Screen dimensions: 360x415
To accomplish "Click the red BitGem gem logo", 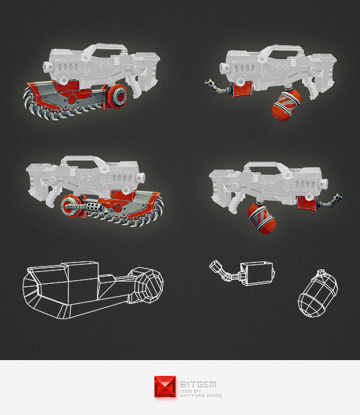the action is (165, 386).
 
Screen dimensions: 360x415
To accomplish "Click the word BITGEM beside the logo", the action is (198, 384).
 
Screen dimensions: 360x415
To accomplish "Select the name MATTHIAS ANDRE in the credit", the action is (201, 395).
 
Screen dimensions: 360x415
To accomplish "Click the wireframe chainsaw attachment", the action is (93, 290).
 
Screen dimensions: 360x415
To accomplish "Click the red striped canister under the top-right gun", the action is (286, 105).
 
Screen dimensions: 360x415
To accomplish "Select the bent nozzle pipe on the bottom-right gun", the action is (329, 201).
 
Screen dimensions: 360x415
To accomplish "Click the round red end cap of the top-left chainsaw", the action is (118, 96).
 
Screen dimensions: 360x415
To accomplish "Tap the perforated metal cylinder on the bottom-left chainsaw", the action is (94, 207).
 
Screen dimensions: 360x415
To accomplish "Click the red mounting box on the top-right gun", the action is (241, 89).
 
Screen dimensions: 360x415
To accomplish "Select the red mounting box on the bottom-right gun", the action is (307, 203).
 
